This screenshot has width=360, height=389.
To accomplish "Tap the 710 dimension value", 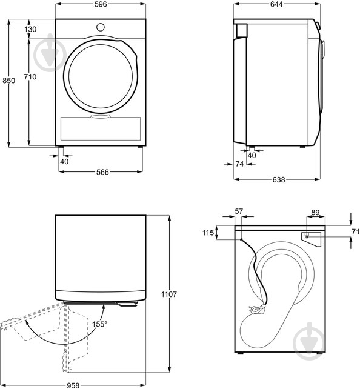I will coord(30,76).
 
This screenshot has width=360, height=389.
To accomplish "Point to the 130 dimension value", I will coord(30,29).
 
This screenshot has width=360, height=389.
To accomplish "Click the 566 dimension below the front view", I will coord(102,172).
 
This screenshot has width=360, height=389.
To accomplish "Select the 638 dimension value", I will coord(279,179).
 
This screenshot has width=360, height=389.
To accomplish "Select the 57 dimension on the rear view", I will coord(238,211).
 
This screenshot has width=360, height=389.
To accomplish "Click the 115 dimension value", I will coord(208,233).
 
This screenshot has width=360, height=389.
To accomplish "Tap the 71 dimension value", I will coord(356,231).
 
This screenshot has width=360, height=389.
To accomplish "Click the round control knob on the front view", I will coord(101,27).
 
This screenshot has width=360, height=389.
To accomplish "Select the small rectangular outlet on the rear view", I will coord(308,234).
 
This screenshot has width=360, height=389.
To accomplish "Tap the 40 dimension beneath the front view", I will coord(64,161).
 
